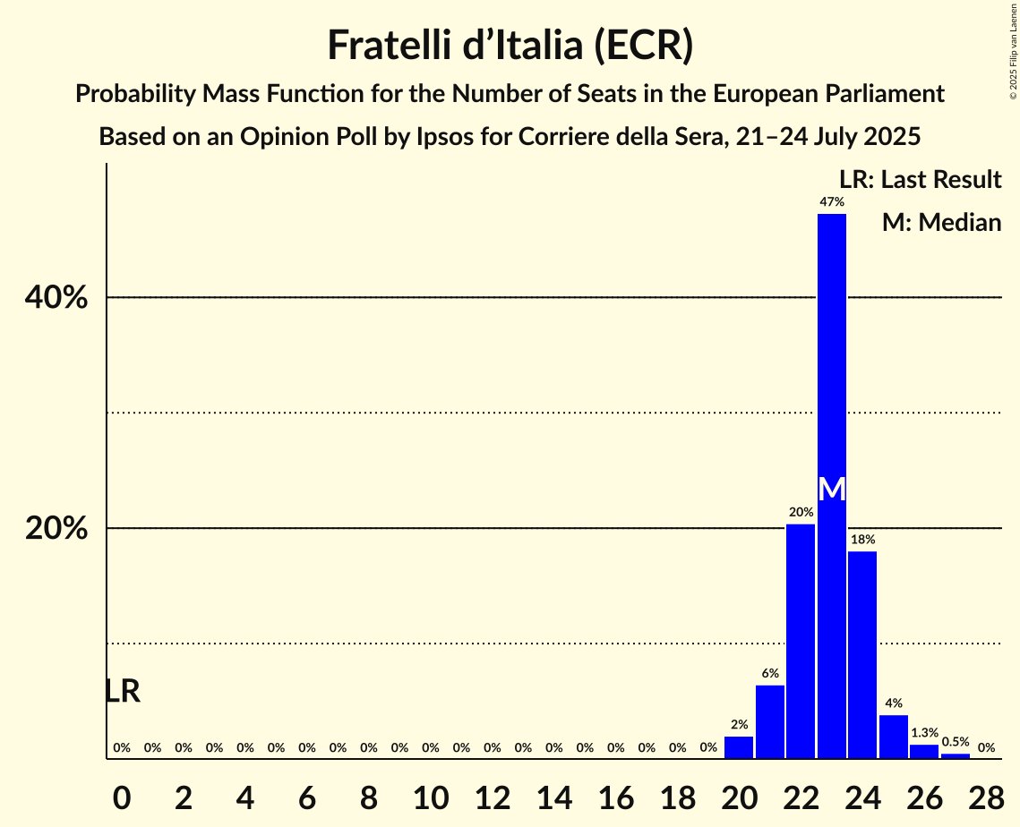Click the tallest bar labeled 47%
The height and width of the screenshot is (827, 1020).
pos(831,358)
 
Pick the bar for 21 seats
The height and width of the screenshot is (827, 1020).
pos(770,721)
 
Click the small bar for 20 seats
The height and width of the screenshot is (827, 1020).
pos(739,747)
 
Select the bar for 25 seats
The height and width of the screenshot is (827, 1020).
pos(893,737)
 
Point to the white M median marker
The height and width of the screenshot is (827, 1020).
pos(832,489)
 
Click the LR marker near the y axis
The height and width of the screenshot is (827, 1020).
pos(122,691)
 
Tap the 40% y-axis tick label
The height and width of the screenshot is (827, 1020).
pos(56,297)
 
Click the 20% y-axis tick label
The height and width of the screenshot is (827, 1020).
pos(56,528)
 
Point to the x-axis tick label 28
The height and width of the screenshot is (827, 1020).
pos(985,795)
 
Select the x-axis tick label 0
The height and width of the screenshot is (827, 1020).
pos(122,795)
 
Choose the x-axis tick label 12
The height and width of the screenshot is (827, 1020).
pos(492,795)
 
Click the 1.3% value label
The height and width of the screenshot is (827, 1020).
pos(924,732)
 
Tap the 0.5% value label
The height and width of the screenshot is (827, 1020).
pos(955,741)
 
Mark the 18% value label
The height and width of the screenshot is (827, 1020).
pos(862,540)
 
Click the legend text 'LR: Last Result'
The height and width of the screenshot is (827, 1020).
pos(920,180)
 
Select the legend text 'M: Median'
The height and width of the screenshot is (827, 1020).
pos(941,222)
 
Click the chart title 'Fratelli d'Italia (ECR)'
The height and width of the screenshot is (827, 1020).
pos(510,46)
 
